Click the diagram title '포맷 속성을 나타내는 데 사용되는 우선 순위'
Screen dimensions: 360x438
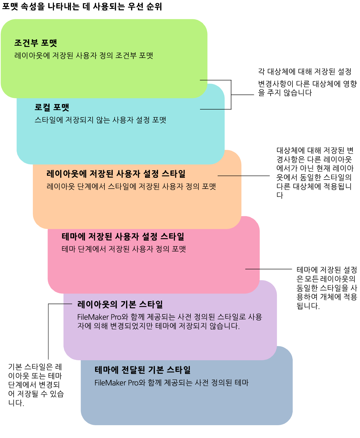tap(82, 6)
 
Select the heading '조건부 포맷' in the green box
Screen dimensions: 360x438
tap(36, 43)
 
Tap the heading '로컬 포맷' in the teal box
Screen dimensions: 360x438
tap(52, 107)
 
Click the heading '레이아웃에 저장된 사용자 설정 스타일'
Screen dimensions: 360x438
tap(116, 174)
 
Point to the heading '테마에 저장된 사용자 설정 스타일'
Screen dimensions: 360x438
tap(123, 237)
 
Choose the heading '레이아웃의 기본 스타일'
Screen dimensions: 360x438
tap(120, 304)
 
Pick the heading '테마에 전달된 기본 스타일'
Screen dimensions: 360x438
tap(143, 370)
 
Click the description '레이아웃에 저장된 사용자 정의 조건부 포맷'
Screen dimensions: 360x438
tap(84, 56)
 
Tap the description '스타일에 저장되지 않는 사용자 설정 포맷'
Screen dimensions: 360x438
tap(100, 120)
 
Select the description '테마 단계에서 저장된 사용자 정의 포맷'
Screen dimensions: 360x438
tap(124, 249)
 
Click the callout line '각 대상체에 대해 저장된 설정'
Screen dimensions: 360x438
tap(304, 72)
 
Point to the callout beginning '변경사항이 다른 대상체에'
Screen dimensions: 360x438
tap(307, 88)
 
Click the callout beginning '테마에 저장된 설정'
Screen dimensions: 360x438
tap(327, 288)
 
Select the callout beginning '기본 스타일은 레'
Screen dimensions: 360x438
tap(36, 385)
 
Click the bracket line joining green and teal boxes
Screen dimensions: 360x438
tap(231, 95)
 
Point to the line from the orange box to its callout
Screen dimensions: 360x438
tap(244, 176)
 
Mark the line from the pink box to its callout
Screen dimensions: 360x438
tap(269, 269)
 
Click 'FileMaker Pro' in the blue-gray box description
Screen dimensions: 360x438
tap(116, 383)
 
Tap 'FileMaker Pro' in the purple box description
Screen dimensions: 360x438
tap(99, 317)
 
